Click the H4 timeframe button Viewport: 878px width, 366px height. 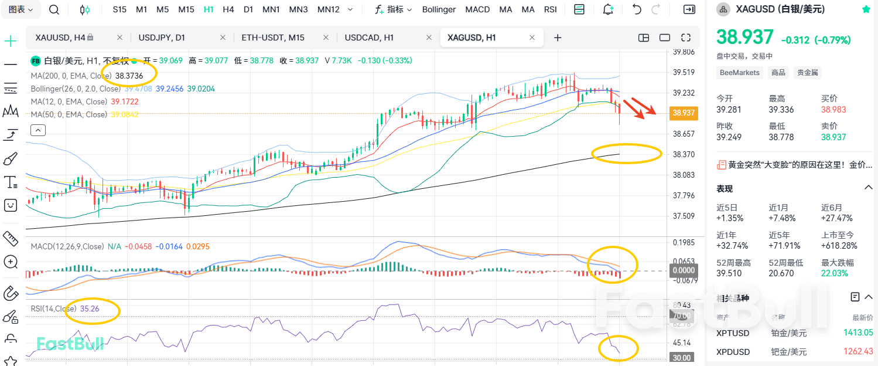tap(228, 9)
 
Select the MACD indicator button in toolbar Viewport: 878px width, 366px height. tap(477, 9)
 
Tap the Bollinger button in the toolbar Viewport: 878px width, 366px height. tap(439, 9)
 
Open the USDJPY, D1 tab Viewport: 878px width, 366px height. tap(162, 38)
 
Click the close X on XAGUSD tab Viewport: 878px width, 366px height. tap(532, 38)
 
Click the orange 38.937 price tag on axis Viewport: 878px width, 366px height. tap(684, 113)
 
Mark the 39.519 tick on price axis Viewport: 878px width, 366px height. tap(684, 72)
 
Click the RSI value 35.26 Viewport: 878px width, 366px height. tap(90, 309)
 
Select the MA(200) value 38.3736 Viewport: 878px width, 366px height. tap(129, 76)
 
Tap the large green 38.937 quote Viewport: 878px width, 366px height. tap(745, 38)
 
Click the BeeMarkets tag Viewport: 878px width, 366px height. tap(739, 73)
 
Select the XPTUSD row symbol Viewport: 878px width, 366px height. tap(732, 333)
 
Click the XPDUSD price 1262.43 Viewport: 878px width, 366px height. tap(858, 351)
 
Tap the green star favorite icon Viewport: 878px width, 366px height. tap(866, 9)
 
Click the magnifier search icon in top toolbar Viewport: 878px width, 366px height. tap(54, 9)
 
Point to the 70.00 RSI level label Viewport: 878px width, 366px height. tap(681, 316)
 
